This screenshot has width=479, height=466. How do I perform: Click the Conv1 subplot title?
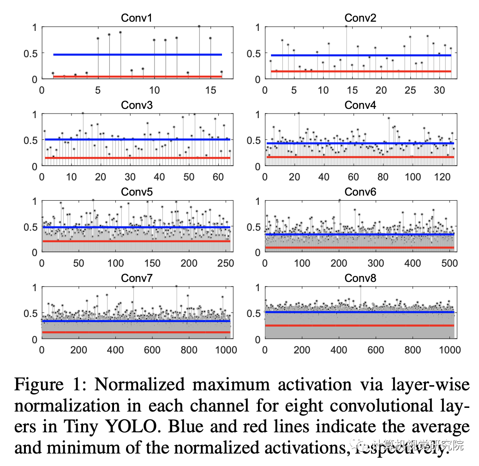(136, 18)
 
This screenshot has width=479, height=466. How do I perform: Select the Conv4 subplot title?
(360, 105)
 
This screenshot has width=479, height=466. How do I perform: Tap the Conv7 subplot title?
(136, 279)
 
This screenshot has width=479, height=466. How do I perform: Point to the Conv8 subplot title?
(360, 279)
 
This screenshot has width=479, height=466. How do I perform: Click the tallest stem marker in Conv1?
(199, 26)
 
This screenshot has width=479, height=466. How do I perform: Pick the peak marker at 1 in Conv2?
(346, 26)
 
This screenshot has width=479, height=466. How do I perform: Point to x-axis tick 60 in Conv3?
(218, 176)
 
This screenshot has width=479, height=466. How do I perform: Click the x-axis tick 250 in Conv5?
(226, 263)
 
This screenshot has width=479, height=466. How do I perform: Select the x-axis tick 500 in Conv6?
(450, 263)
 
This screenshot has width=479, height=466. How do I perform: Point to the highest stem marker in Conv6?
(340, 200)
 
